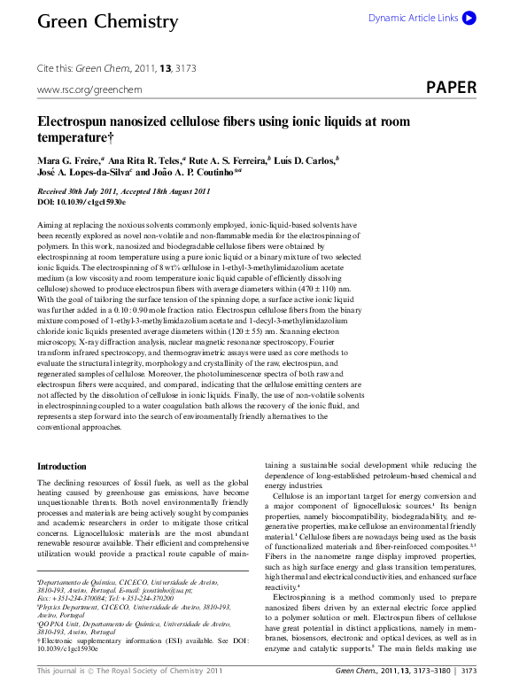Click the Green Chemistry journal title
[x=107, y=21]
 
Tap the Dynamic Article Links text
[x=413, y=18]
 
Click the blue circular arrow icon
[x=469, y=17]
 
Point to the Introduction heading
[x=62, y=466]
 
